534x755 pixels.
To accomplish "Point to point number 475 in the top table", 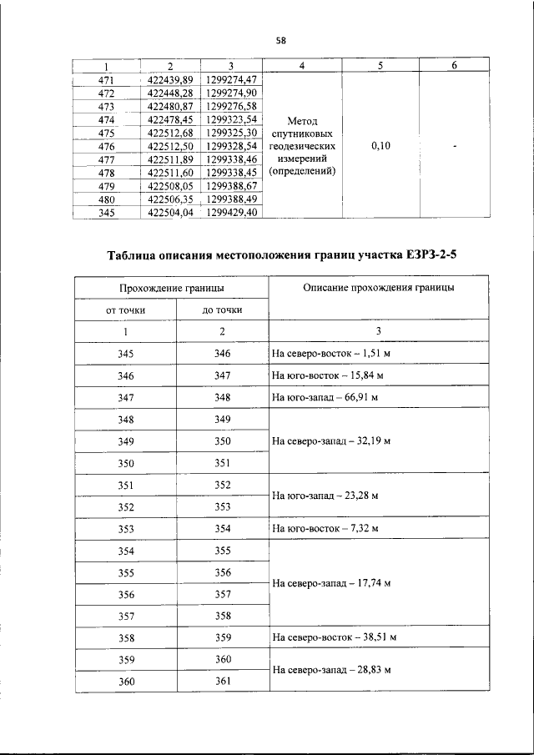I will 106,133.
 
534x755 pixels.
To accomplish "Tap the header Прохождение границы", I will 171,287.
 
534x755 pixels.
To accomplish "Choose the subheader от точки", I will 125,310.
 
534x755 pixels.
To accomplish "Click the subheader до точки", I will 222,310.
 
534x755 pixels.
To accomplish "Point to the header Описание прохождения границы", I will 379,287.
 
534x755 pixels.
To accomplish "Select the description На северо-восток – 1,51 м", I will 332,354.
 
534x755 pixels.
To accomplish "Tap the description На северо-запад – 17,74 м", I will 331,583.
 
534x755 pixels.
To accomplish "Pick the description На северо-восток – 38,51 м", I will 334,637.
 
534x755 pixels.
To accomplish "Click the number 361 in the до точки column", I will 222,681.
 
